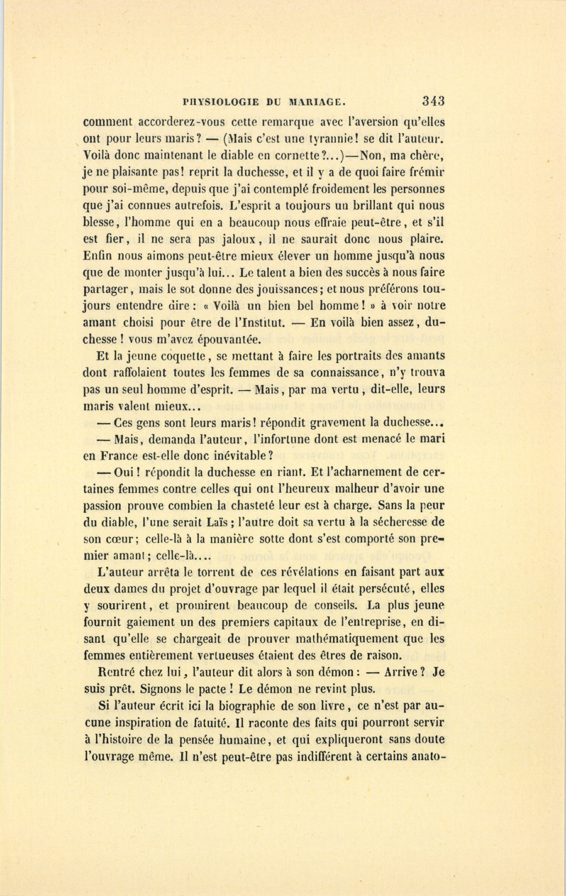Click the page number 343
pyautogui.click(x=434, y=101)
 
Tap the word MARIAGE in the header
pyautogui.click(x=316, y=102)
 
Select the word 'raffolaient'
pyautogui.click(x=115, y=373)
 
